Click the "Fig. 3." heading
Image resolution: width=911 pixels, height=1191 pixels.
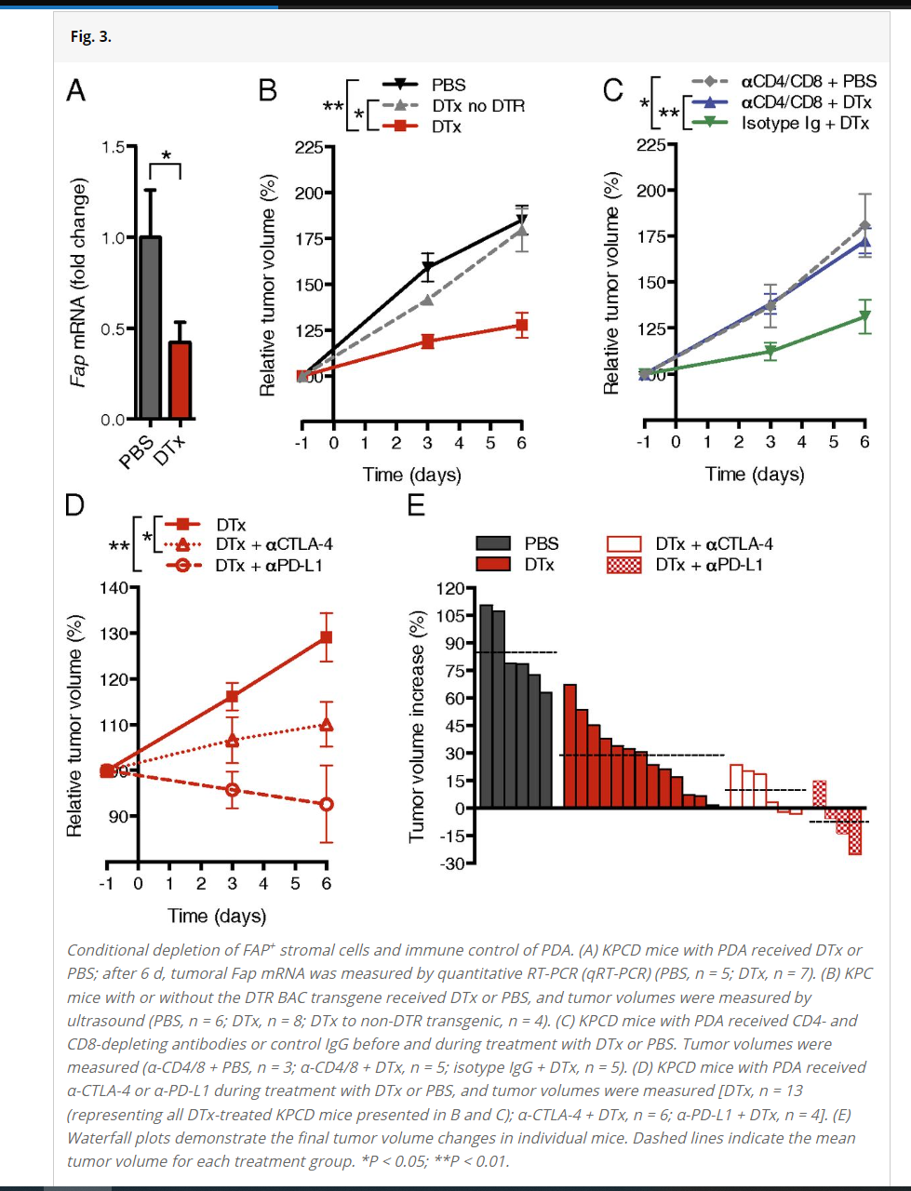tap(91, 36)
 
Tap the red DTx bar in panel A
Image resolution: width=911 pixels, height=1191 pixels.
tap(180, 380)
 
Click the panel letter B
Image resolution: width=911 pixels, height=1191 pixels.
tap(268, 90)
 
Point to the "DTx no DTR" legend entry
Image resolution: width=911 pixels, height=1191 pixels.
tap(477, 106)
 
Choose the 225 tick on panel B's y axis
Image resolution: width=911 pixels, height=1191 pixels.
tap(309, 147)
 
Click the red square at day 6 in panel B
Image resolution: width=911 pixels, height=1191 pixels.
tap(522, 326)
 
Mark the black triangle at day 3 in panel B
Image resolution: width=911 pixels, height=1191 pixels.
tap(428, 269)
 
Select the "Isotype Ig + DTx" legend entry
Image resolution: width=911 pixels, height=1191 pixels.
tap(805, 124)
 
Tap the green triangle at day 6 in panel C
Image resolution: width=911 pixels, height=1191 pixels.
tap(865, 316)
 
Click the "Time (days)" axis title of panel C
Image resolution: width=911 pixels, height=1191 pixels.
tap(755, 475)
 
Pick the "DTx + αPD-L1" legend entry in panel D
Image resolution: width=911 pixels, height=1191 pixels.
tap(269, 566)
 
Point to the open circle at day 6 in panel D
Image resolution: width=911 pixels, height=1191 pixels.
tap(327, 804)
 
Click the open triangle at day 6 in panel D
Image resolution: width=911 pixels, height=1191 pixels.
tap(327, 725)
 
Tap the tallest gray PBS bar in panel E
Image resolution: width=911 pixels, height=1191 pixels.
tap(486, 705)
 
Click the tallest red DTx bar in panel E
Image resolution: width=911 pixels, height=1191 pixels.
tap(570, 745)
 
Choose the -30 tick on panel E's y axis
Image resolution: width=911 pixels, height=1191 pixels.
tap(451, 863)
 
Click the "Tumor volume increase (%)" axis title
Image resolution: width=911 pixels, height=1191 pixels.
tap(417, 727)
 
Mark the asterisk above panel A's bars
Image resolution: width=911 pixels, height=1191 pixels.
tap(166, 155)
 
